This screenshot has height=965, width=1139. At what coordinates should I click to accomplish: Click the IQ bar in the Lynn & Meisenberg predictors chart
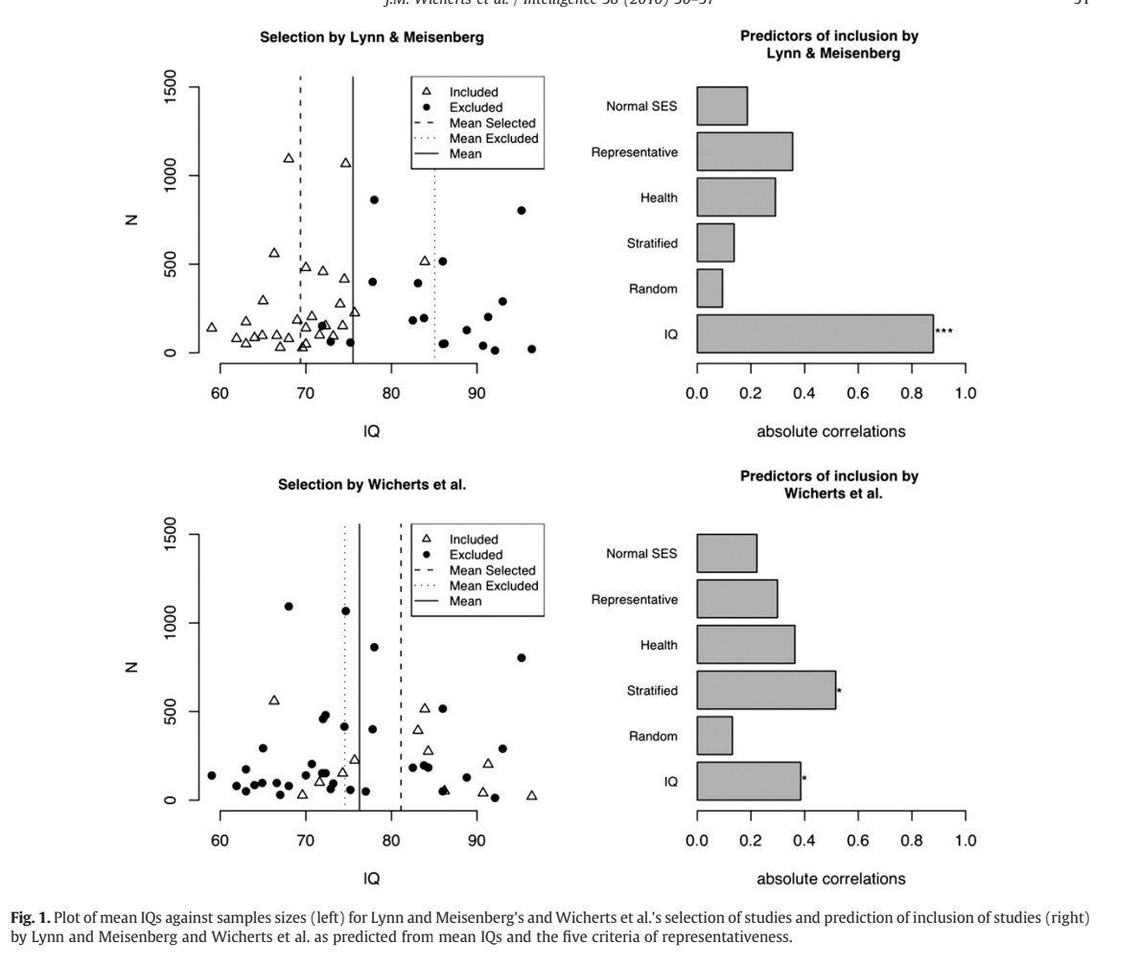tap(815, 333)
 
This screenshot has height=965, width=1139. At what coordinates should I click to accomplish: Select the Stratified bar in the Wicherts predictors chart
tap(766, 690)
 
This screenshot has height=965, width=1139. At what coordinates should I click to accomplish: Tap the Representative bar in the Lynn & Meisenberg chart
tap(744, 151)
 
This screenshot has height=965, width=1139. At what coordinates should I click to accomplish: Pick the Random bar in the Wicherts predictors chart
tap(714, 736)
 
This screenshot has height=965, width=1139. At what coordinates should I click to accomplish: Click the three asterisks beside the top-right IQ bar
tap(943, 332)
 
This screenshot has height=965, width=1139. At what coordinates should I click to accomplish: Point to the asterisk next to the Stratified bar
tap(839, 691)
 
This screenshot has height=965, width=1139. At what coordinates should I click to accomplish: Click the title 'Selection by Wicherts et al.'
tap(372, 485)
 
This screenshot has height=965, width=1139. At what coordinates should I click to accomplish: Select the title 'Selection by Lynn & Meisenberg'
tap(372, 37)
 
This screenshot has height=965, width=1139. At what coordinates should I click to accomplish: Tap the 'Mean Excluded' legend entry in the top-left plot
tap(493, 138)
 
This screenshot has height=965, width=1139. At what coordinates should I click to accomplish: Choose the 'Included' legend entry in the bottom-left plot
tap(474, 540)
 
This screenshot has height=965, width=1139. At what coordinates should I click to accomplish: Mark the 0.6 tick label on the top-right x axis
tap(858, 393)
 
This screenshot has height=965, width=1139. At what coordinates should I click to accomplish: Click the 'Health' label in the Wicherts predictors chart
tap(659, 645)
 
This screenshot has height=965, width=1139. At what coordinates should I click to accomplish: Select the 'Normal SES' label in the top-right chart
tap(641, 105)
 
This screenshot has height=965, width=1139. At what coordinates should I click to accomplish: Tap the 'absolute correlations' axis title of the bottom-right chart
tap(830, 879)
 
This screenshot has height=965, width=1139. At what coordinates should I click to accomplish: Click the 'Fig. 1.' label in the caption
tap(30, 918)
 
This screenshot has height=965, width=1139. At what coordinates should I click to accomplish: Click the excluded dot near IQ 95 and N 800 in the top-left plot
tap(522, 211)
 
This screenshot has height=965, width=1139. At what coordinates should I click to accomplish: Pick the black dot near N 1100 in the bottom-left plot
tap(289, 607)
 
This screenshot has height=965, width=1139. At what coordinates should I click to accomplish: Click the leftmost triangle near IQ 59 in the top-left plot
tap(212, 328)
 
